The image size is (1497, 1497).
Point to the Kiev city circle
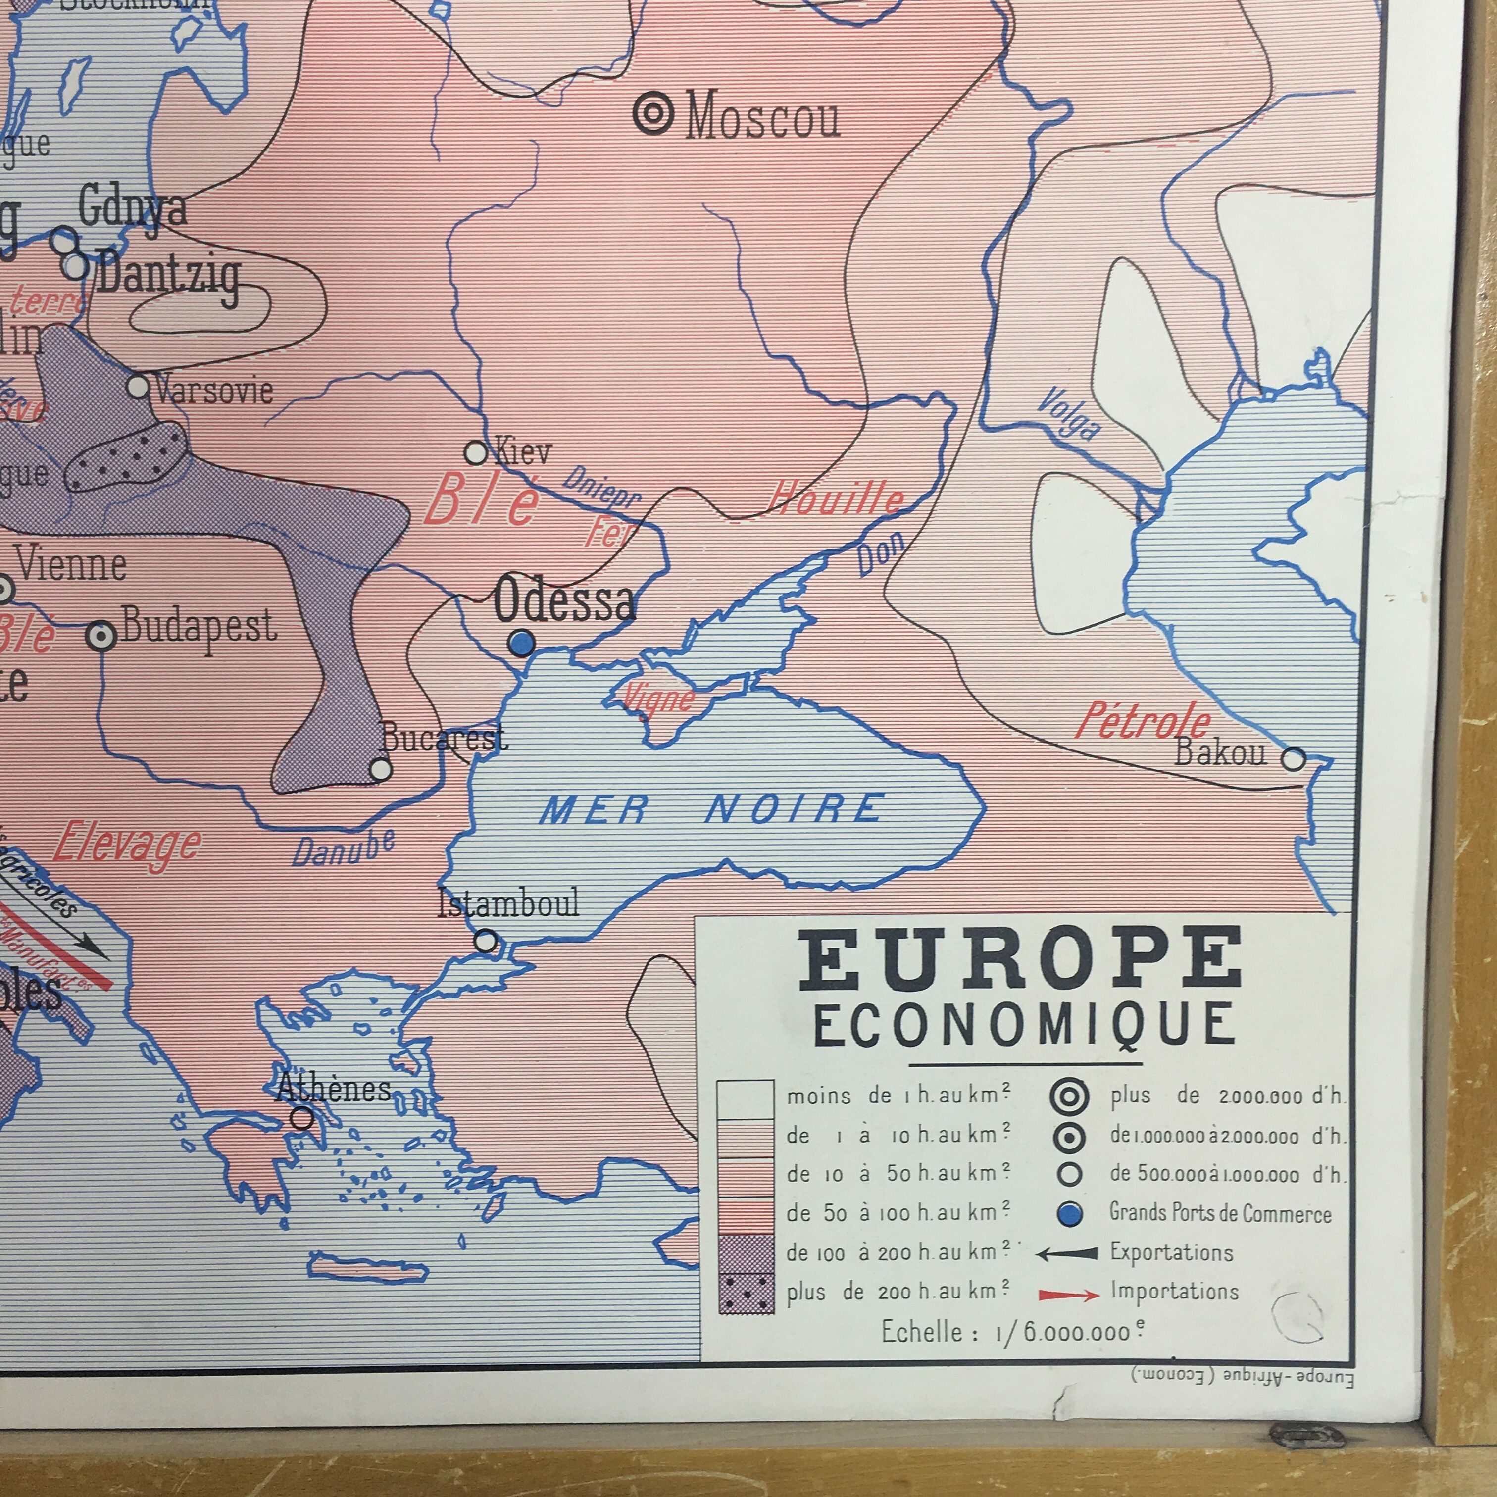pos(475,452)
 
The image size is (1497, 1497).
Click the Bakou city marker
pos(1293,758)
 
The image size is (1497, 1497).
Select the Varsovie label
pos(214,389)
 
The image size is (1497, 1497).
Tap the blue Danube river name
pos(343,847)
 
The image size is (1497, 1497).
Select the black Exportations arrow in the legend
pos(1067,1253)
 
